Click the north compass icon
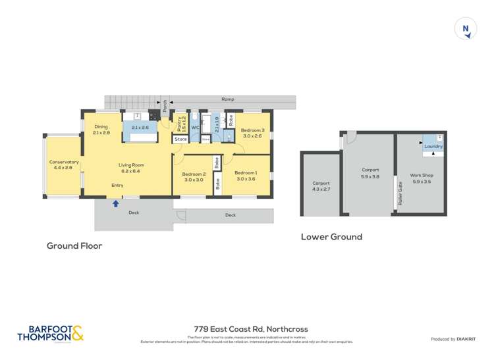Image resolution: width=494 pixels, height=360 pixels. tap(466, 29)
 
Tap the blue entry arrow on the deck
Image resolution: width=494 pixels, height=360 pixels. tap(116, 203)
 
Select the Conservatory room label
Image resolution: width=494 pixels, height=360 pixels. tap(64, 165)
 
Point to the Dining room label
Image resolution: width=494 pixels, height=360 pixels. tap(101, 130)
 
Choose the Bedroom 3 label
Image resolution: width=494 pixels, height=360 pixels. tap(252, 133)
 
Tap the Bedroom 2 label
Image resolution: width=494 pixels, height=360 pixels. tap(194, 176)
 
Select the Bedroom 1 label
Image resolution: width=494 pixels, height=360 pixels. tap(246, 176)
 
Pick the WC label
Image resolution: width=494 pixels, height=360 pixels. tap(195, 128)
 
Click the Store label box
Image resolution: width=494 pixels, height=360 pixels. tap(180, 140)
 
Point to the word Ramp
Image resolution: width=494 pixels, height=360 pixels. tap(228, 99)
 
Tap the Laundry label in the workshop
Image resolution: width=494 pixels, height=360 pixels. tap(433, 146)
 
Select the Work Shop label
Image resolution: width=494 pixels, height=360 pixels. tap(421, 178)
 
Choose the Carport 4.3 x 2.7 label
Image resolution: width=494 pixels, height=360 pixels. tap(321, 186)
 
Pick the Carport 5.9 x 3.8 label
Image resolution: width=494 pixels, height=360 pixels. tap(370, 173)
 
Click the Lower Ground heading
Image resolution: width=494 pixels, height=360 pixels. tap(331, 237)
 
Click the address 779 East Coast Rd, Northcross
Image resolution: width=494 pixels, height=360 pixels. tap(250, 329)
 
